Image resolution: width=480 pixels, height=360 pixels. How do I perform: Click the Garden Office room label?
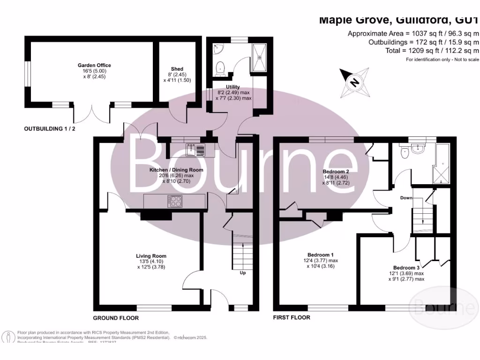pyautogui.click(x=94, y=65)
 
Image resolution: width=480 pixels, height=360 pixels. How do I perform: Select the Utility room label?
pyautogui.click(x=233, y=87)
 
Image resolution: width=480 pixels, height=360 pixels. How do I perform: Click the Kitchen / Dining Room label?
pyautogui.click(x=176, y=169)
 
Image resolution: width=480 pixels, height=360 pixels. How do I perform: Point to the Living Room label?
pyautogui.click(x=151, y=256)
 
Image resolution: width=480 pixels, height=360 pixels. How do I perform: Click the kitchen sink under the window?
pyautogui.click(x=195, y=150)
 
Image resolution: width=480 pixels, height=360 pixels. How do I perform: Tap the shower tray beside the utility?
pyautogui.click(x=260, y=58)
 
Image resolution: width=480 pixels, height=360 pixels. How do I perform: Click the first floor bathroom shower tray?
pyautogui.click(x=442, y=165)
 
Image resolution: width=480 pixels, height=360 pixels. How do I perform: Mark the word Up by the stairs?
pyautogui.click(x=242, y=273)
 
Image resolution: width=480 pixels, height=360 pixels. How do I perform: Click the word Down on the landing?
pyautogui.click(x=406, y=198)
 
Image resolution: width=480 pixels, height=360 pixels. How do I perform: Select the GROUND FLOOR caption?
pyautogui.click(x=115, y=318)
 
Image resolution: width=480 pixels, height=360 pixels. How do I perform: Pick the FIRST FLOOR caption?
pyautogui.click(x=292, y=318)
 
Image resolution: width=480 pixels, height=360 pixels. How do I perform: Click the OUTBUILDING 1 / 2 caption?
pyautogui.click(x=49, y=128)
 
